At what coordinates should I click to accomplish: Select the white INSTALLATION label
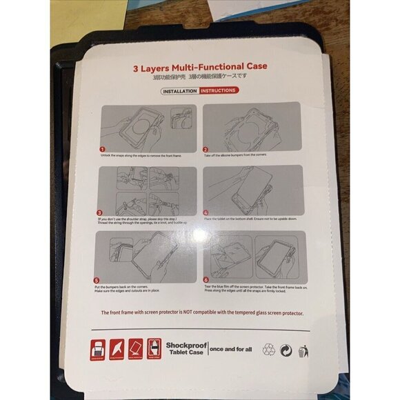(180, 90)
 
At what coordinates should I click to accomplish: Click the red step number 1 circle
(102, 149)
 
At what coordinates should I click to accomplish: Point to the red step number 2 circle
(206, 149)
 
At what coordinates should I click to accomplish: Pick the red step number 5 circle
(96, 281)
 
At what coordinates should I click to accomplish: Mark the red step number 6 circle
(206, 281)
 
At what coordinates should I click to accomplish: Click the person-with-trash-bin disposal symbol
(304, 350)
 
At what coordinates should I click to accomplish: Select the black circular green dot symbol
(287, 350)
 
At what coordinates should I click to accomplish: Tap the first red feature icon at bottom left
(97, 350)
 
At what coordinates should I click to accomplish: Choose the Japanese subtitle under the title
(200, 79)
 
